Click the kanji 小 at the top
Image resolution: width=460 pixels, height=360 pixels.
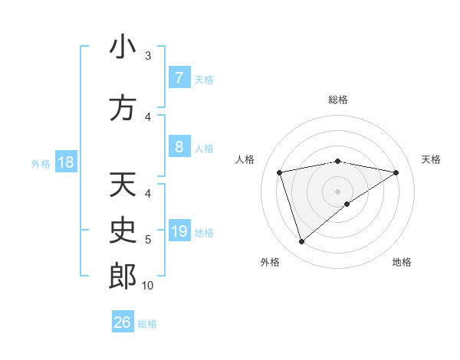pyautogui.click(x=123, y=47)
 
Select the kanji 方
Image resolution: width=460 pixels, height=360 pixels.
pyautogui.click(x=123, y=108)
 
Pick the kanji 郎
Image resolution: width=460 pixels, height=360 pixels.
pyautogui.click(x=123, y=277)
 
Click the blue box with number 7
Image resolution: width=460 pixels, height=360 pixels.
pyautogui.click(x=179, y=78)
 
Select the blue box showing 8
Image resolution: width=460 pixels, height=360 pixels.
pyautogui.click(x=179, y=147)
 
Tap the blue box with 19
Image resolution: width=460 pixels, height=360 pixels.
pyautogui.click(x=179, y=231)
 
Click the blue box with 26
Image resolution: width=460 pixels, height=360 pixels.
pyautogui.click(x=123, y=322)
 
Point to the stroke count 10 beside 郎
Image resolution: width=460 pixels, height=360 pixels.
pyautogui.click(x=148, y=286)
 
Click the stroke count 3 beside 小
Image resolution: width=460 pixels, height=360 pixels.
pyautogui.click(x=148, y=56)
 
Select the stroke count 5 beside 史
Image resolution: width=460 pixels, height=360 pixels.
pyautogui.click(x=148, y=240)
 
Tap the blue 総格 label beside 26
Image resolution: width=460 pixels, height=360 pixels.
pyautogui.click(x=148, y=324)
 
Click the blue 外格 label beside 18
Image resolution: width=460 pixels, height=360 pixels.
pyautogui.click(x=40, y=164)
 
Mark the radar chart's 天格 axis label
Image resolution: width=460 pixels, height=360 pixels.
pyautogui.click(x=432, y=159)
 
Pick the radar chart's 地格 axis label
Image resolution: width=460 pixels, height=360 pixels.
pyautogui.click(x=402, y=262)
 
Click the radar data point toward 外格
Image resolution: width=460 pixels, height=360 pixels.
pyautogui.click(x=301, y=242)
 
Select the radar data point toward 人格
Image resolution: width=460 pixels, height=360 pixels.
pyautogui.click(x=280, y=172)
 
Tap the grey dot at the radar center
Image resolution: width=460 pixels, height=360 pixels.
pyautogui.click(x=337, y=191)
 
